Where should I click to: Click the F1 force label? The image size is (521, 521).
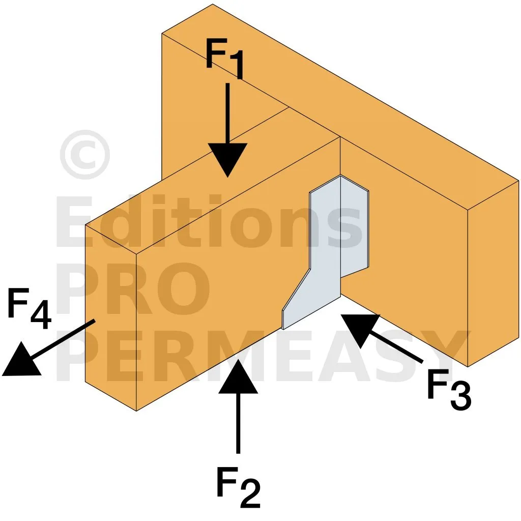[x=225, y=59]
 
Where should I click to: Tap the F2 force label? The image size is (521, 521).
[x=238, y=486]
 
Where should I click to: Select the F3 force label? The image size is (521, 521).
[x=449, y=389]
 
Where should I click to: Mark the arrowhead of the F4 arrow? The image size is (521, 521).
[x=20, y=361]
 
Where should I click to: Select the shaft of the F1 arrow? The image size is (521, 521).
[x=227, y=113]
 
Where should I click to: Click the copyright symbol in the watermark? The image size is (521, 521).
[x=85, y=155]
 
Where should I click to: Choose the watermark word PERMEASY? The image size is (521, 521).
[x=263, y=356]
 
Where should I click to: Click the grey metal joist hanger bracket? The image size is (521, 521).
[x=326, y=252]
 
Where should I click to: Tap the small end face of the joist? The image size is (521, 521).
[x=110, y=317]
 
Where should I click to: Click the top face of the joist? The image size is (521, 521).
[x=213, y=181]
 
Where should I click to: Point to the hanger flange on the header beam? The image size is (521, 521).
[x=355, y=226]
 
